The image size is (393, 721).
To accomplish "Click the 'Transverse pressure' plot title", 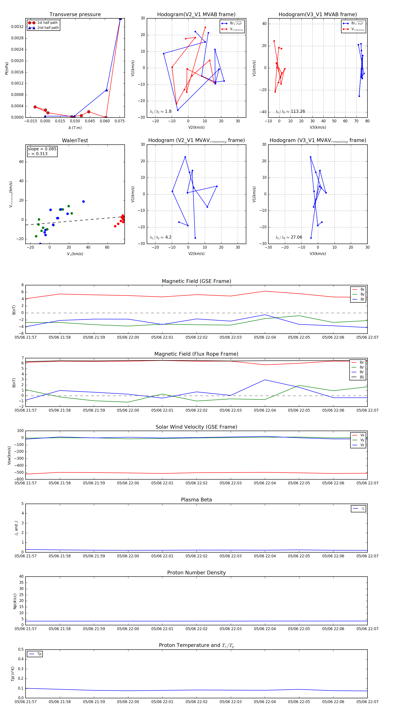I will click(x=75, y=15).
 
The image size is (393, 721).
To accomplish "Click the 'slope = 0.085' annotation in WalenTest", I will click(x=42, y=149).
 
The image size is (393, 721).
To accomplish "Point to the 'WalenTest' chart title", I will click(x=75, y=140).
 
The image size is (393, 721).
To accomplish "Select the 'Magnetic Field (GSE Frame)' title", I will click(x=196, y=281).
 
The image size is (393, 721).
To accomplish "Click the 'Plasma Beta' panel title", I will click(x=196, y=500).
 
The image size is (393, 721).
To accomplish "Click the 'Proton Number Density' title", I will click(x=196, y=573).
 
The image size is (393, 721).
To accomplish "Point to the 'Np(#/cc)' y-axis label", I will click(x=15, y=601).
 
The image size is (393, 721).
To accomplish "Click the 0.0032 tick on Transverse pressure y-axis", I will click(x=17, y=27).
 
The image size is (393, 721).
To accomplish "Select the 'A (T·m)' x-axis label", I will click(x=75, y=128).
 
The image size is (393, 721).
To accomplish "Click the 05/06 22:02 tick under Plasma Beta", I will click(x=196, y=556).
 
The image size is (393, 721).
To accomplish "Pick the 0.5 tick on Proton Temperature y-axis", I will click(x=21, y=649).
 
